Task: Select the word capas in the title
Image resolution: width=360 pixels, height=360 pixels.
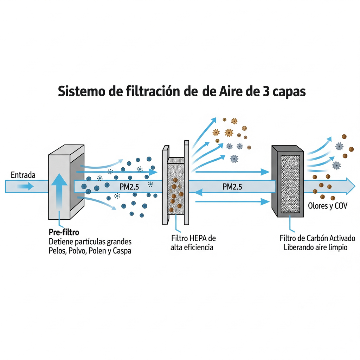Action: [x=290, y=92]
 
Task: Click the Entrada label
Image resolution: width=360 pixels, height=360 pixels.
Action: [x=23, y=175]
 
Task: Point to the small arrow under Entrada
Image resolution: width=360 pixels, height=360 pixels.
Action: [x=25, y=186]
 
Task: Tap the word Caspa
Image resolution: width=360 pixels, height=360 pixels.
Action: [x=121, y=251]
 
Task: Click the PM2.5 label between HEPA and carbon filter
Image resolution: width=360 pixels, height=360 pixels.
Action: [x=232, y=187]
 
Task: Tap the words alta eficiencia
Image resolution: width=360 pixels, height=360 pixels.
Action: [x=192, y=247]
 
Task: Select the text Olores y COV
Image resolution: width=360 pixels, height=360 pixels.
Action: [x=327, y=206]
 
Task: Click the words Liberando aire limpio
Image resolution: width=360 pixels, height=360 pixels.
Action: [x=316, y=247]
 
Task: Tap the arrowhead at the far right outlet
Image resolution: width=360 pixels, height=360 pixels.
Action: [x=350, y=186]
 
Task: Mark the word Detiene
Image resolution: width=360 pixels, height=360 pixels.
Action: [x=60, y=242]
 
